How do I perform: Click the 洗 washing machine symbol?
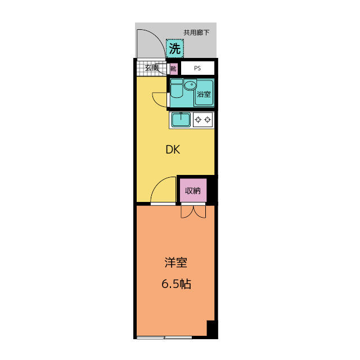pyautogui.click(x=175, y=48)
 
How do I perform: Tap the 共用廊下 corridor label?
pyautogui.click(x=196, y=33)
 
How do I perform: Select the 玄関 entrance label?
pyautogui.click(x=151, y=67)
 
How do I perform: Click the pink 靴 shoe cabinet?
pyautogui.click(x=174, y=69)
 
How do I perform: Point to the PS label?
pyautogui.click(x=197, y=68)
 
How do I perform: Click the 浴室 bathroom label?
pyautogui.click(x=204, y=94)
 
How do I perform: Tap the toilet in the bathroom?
pyautogui.click(x=177, y=88)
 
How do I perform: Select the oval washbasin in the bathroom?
pyautogui.click(x=190, y=85)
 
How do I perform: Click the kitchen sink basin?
pyautogui.click(x=181, y=120)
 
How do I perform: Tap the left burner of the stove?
pyautogui.click(x=198, y=120)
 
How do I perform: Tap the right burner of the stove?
pyautogui.click(x=208, y=120)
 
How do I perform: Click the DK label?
pyautogui.click(x=173, y=150)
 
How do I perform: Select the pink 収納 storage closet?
pyautogui.click(x=193, y=190)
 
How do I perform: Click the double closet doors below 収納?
pyautogui.click(x=193, y=211)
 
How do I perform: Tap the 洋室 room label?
pyautogui.click(x=176, y=263)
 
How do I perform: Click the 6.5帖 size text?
pyautogui.click(x=176, y=283)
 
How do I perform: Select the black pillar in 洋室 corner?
pyautogui.click(x=212, y=328)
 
